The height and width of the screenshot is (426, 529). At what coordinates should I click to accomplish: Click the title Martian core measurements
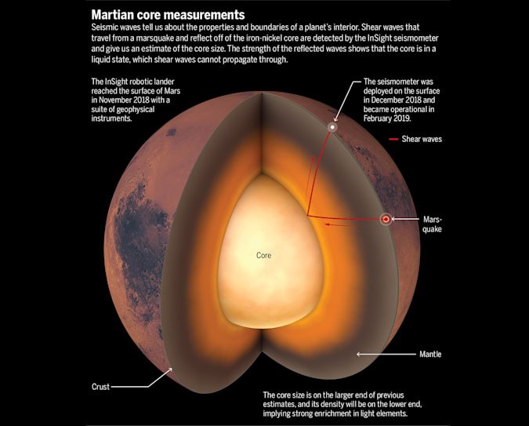click(168, 15)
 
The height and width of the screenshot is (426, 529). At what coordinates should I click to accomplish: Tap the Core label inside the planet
click(263, 255)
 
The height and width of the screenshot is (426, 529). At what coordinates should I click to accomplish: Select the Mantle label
click(430, 354)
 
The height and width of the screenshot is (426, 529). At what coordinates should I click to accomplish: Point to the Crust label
click(100, 387)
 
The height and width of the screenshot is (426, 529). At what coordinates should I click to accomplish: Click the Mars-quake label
click(432, 224)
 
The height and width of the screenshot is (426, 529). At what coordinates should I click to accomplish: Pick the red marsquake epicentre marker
click(386, 219)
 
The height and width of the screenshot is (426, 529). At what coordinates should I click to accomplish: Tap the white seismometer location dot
click(332, 127)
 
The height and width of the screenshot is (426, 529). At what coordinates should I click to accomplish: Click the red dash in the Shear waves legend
click(393, 139)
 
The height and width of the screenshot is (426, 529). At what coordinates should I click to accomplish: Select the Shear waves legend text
click(422, 139)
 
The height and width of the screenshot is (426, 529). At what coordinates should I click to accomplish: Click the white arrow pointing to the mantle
click(386, 354)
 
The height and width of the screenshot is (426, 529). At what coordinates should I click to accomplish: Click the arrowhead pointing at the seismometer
click(335, 119)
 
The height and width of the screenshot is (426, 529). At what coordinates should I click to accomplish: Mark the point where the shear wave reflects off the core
click(307, 215)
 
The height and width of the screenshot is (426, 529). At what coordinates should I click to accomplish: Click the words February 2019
click(387, 118)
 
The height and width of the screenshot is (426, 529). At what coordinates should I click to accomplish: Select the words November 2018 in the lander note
click(127, 100)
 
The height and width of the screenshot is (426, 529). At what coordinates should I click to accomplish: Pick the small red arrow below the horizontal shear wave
click(336, 224)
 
